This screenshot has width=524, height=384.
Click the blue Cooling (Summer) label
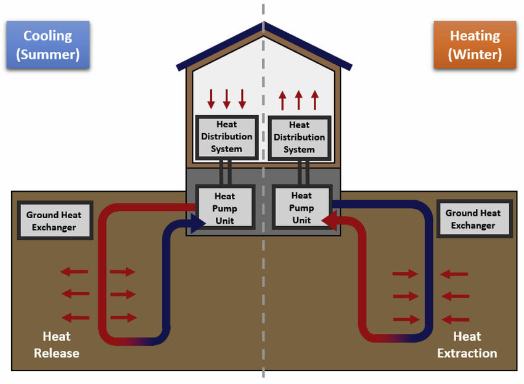point(48,44)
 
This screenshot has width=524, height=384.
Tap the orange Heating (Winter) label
point(475,44)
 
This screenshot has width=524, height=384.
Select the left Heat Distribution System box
point(226,137)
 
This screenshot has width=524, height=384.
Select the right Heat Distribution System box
point(299,137)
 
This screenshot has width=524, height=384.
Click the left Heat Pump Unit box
point(224,208)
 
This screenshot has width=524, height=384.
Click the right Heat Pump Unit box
point(301,208)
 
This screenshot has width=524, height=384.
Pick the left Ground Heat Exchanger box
point(54,221)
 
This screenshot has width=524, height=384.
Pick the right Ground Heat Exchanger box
point(473,219)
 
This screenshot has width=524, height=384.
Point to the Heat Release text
point(56,345)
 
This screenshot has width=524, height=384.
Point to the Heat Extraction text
point(467,345)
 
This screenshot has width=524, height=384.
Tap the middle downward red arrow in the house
point(226,99)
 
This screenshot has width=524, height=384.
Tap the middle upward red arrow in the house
point(299,99)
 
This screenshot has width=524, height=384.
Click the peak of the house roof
point(264,26)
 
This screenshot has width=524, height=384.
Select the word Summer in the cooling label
point(48,54)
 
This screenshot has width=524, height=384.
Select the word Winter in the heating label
point(475,54)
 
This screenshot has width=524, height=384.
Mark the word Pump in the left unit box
point(224,208)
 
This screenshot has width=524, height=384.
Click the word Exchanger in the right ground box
point(473,226)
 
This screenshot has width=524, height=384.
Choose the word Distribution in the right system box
point(299,137)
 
